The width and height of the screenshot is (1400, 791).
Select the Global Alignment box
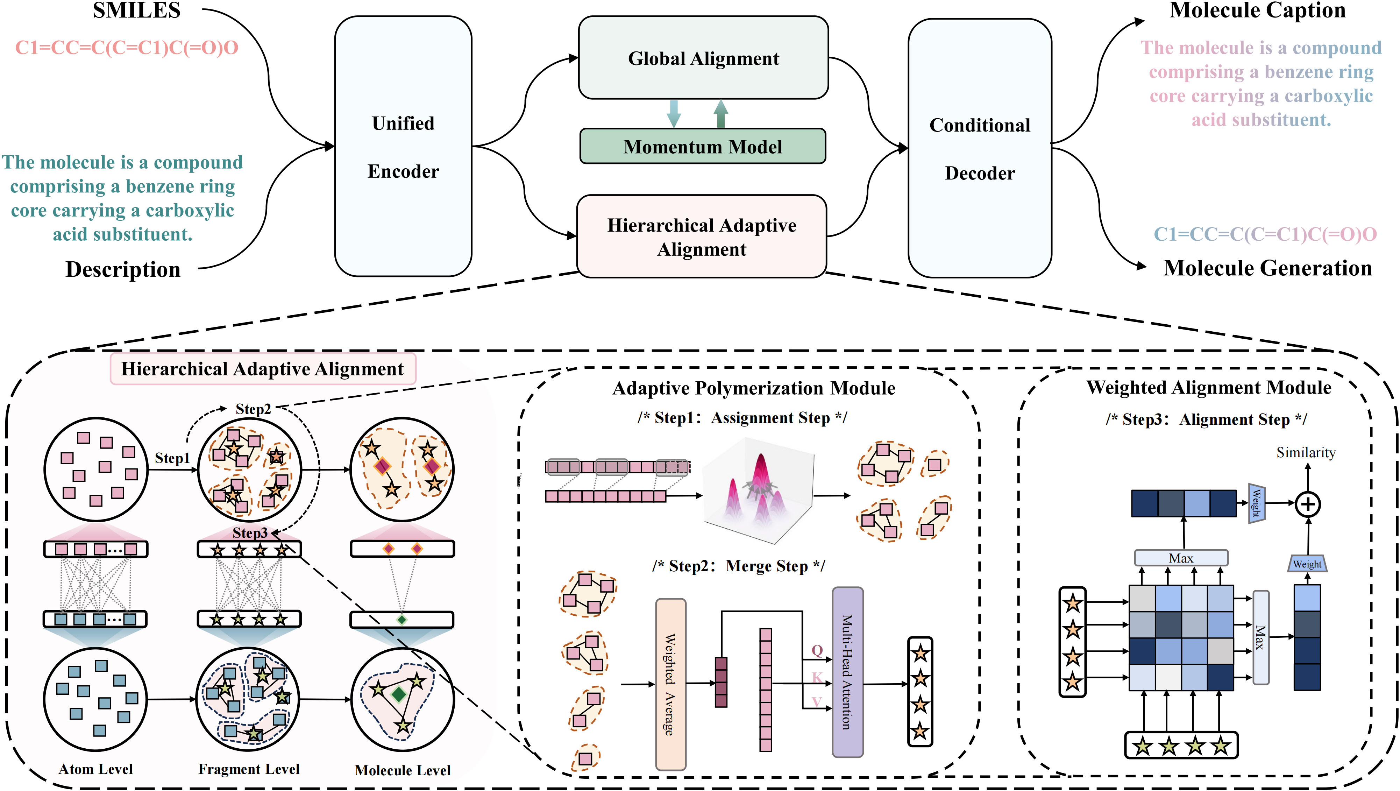pos(703,58)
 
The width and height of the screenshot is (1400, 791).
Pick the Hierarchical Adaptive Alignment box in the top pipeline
pos(701,237)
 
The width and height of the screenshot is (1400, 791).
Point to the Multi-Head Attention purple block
pos(847,672)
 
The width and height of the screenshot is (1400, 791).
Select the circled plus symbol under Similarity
pos(1308,504)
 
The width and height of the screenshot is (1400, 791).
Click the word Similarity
pos(1306,452)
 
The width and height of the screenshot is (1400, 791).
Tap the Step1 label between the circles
pos(172,458)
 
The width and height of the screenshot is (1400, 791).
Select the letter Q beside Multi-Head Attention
pos(817,650)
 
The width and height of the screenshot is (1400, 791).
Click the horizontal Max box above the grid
pos(1180,558)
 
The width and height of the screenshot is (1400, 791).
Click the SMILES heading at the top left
pos(136,11)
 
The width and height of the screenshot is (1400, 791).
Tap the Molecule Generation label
pos(1267,268)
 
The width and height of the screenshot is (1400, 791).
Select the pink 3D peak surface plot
pos(758,492)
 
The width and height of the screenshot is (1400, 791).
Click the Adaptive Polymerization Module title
pos(753,388)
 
